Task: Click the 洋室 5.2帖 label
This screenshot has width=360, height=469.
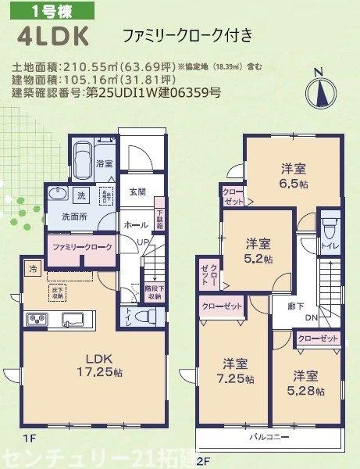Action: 256,250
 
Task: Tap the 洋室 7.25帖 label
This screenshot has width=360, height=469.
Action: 234,371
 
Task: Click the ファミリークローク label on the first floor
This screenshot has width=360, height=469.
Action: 82,247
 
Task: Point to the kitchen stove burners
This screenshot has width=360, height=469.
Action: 36,319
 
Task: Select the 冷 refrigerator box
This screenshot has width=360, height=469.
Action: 33,268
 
